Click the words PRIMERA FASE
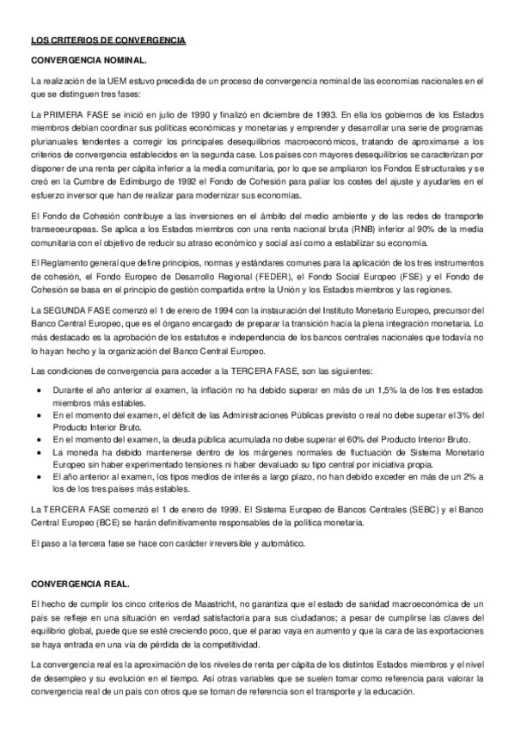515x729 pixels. point(79,113)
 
